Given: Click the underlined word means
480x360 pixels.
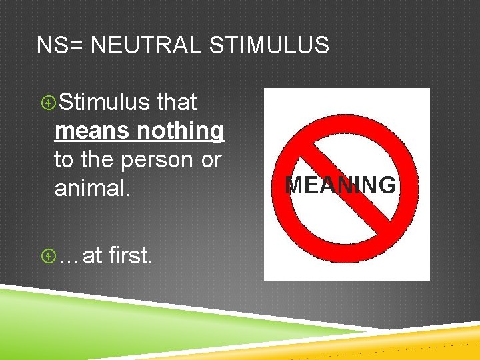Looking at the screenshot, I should click(93, 131).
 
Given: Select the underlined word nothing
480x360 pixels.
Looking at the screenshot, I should click(181, 131).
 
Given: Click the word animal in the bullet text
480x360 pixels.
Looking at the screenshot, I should click(89, 189).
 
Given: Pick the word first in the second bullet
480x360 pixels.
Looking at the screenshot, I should click(129, 254).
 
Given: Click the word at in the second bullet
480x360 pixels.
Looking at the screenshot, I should click(91, 255).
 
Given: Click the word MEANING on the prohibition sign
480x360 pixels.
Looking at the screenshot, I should click(340, 185).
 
